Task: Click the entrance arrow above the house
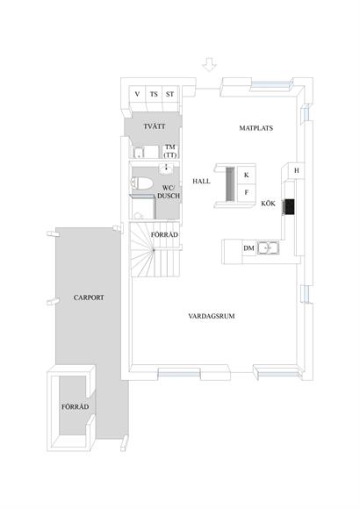pyautogui.click(x=209, y=64)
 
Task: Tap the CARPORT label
pyautogui.click(x=89, y=298)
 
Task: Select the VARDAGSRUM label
pyautogui.click(x=212, y=316)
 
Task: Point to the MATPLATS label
pyautogui.click(x=256, y=128)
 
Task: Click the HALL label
pyautogui.click(x=201, y=181)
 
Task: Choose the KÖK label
pyautogui.click(x=268, y=204)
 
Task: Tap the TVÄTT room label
pyautogui.click(x=155, y=126)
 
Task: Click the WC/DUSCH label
pyautogui.click(x=169, y=192)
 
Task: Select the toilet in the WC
pyautogui.click(x=141, y=183)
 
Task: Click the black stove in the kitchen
pyautogui.click(x=289, y=207)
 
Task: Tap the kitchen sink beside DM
pyautogui.click(x=268, y=248)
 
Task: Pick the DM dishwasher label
pyautogui.click(x=248, y=248)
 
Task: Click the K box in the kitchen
pyautogui.click(x=246, y=175)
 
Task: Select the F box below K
pyautogui.click(x=246, y=192)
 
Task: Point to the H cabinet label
pyautogui.click(x=296, y=170)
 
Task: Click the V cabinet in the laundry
pyautogui.click(x=138, y=94)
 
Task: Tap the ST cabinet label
pyautogui.click(x=169, y=94)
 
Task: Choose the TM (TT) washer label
pyautogui.click(x=170, y=151)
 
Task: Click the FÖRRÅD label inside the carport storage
pyautogui.click(x=75, y=406)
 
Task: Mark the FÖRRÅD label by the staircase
pyautogui.click(x=164, y=234)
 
